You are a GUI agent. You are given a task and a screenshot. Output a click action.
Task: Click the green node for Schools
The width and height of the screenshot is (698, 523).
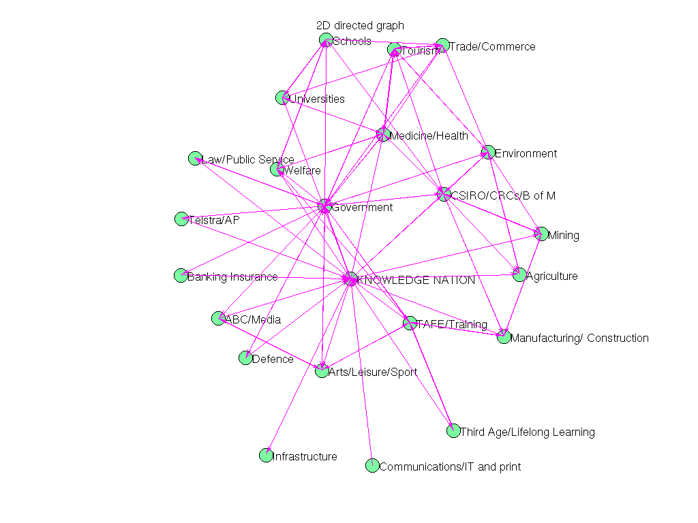(x=326, y=40)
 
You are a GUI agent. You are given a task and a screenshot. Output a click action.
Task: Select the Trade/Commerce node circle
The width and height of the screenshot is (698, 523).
(x=442, y=46)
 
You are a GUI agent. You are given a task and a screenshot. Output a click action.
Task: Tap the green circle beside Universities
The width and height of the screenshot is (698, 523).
(x=282, y=98)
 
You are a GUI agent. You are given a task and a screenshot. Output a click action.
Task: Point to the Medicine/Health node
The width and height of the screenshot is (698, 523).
(x=383, y=134)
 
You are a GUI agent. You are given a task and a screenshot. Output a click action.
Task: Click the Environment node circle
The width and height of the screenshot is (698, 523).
(x=488, y=153)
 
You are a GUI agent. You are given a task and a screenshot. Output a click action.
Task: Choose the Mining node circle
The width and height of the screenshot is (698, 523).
(x=541, y=234)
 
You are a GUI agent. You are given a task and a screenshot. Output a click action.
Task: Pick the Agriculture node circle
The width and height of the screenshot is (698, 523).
(x=519, y=275)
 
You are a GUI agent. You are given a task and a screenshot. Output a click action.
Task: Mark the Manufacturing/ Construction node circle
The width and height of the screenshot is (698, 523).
(x=503, y=336)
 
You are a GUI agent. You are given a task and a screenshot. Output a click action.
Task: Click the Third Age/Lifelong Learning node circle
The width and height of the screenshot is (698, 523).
(x=453, y=430)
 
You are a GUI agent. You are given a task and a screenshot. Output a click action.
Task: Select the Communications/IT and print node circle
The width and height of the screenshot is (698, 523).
(x=371, y=466)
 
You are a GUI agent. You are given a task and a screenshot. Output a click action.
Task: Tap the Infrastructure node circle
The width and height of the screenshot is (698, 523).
(x=266, y=456)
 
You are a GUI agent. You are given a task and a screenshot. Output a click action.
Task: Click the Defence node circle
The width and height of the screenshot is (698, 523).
(x=245, y=358)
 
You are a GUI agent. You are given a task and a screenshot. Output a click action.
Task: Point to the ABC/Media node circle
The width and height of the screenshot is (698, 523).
(x=218, y=318)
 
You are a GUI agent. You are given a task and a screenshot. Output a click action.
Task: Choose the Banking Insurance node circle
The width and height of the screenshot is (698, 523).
(x=181, y=275)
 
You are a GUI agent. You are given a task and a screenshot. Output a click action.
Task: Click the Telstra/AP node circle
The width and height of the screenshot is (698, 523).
(x=181, y=219)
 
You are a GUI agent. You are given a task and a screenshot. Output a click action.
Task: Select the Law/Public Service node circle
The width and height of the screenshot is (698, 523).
(x=195, y=159)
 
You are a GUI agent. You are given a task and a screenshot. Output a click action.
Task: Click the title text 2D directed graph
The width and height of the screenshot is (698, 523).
(x=360, y=25)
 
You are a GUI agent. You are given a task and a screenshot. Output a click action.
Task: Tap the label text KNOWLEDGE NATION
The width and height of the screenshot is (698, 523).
(x=416, y=280)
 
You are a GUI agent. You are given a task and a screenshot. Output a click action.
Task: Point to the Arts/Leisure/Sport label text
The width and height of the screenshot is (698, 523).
(x=372, y=373)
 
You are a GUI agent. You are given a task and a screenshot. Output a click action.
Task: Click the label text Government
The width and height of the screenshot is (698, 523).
(x=362, y=207)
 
